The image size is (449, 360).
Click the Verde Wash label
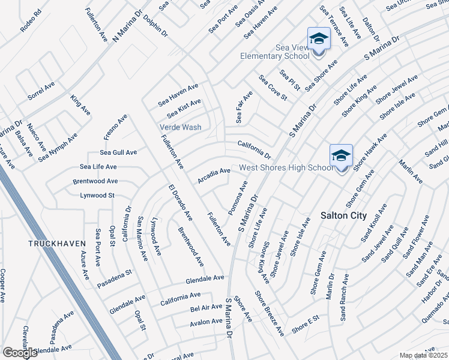(x=180, y=127)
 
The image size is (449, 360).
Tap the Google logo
(x=20, y=353)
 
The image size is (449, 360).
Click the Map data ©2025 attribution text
(x=424, y=356)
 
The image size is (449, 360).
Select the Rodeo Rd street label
(x=31, y=17)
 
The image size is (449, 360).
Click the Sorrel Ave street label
(x=41, y=91)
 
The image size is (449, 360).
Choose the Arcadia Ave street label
(x=214, y=176)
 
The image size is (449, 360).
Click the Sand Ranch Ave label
(x=345, y=298)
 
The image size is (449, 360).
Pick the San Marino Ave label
(x=142, y=238)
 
